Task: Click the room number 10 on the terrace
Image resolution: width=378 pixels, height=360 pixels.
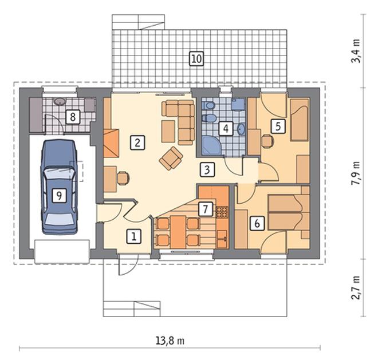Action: coord(196,58)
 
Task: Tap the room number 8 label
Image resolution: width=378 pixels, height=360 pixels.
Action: coord(73,117)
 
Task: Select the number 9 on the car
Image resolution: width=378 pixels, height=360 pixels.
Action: coord(60,195)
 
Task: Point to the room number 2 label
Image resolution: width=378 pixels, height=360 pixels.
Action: coord(137,143)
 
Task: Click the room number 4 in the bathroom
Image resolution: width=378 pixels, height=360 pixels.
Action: coord(226,128)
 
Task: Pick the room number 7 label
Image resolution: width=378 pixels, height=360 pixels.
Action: coord(205,209)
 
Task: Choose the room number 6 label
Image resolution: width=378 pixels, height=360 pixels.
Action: coord(257,224)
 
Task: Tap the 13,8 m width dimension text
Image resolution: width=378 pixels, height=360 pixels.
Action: coord(170,341)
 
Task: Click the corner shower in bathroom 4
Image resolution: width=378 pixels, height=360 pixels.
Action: coord(211,145)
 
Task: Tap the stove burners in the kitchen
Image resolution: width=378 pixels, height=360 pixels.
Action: coord(222,211)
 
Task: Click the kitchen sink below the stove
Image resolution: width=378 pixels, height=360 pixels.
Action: coord(222,239)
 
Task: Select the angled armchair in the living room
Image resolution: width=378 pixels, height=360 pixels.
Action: coord(171,159)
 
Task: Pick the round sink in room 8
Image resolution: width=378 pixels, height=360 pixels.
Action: coord(59,101)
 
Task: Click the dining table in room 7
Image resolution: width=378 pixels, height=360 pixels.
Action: coord(178,232)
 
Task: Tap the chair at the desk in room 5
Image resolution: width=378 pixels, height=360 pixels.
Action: coord(268,141)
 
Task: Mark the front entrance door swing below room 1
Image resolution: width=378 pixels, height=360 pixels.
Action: coord(128,265)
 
